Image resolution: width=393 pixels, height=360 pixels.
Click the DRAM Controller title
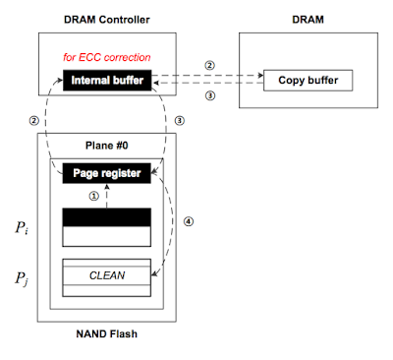(105, 20)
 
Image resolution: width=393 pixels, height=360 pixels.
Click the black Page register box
(105, 173)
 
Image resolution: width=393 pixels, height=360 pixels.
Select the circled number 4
(190, 220)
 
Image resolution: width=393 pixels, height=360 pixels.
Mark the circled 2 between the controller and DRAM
(207, 67)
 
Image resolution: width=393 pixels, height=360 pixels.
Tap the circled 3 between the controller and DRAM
(207, 97)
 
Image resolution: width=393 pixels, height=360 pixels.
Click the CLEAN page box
(105, 274)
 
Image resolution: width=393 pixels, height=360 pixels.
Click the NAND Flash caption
(105, 334)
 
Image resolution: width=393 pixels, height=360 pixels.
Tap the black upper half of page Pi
(105, 216)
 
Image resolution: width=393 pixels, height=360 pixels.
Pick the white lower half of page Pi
(105, 235)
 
